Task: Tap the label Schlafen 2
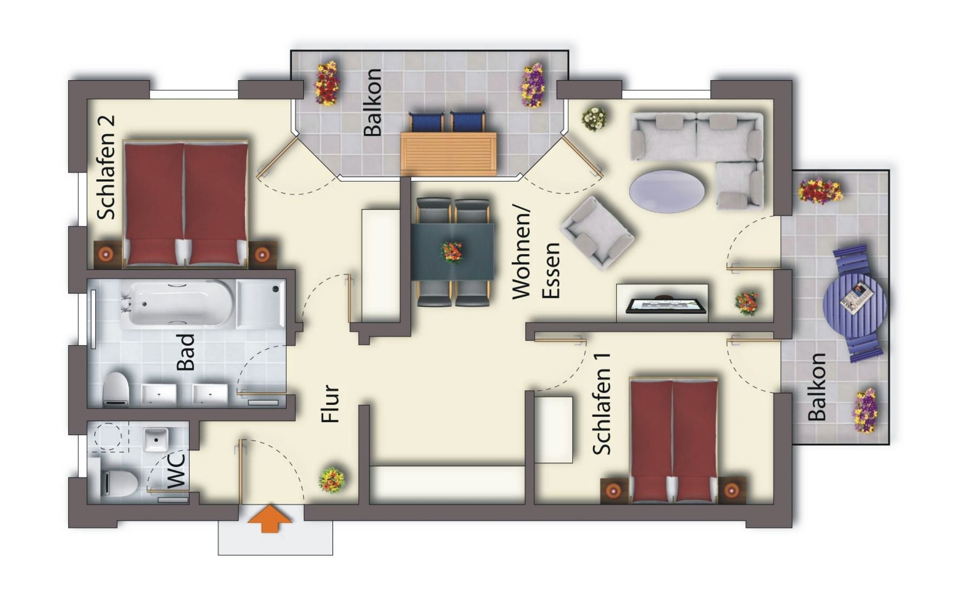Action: pos(107,167)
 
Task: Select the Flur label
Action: pos(330,403)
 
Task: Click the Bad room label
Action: pos(186,352)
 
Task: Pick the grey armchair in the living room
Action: pos(597,234)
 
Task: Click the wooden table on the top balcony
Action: pos(449,154)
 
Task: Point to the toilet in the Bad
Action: pos(116,389)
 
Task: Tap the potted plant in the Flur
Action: pos(332,480)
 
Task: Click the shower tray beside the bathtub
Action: pos(261,304)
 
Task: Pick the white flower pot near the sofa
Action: pos(594,119)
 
